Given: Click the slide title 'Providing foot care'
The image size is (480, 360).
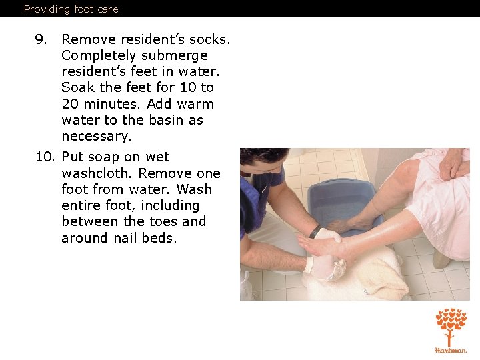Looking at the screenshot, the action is click(x=71, y=9).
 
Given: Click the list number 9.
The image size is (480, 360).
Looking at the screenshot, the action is click(x=41, y=39).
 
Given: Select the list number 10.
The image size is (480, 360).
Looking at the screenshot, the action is click(x=45, y=157).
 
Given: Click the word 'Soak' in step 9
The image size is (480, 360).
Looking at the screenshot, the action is click(x=78, y=87).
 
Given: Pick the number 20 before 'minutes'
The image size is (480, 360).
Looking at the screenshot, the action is click(x=70, y=104).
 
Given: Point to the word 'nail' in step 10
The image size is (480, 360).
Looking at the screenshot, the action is click(x=125, y=238).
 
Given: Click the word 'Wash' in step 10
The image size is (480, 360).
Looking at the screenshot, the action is click(x=194, y=189).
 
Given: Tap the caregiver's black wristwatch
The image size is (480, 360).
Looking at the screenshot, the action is click(x=315, y=232).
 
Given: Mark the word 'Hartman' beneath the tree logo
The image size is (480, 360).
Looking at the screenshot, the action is click(x=451, y=350).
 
